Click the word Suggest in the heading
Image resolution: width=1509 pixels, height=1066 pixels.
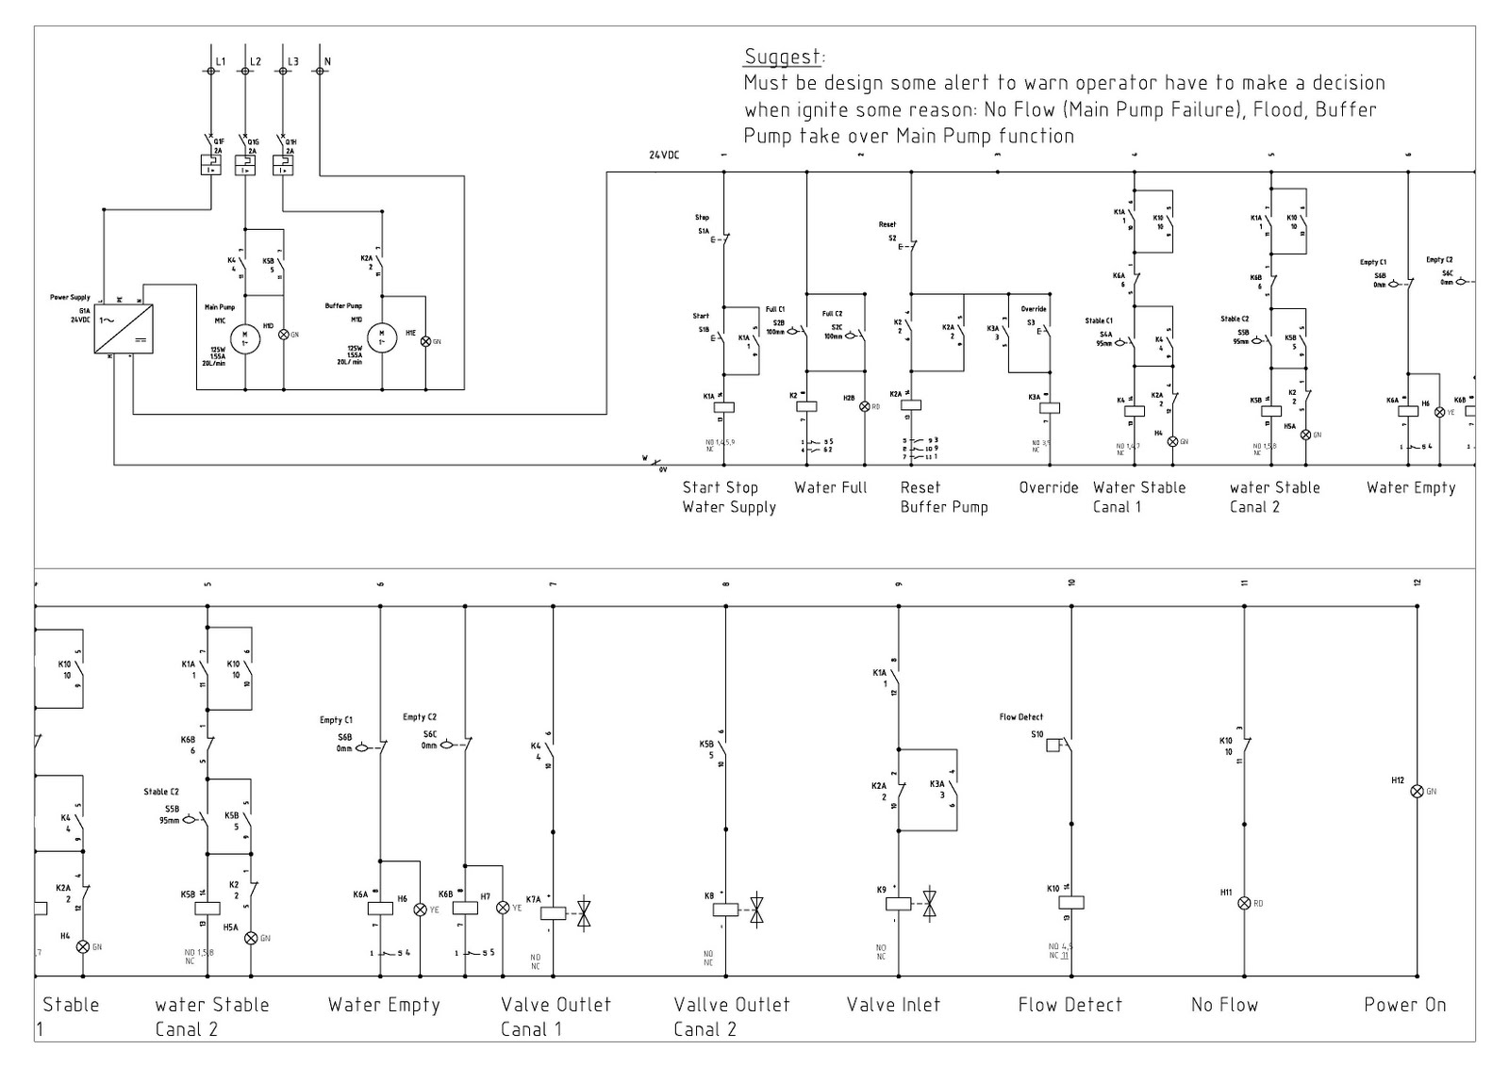tap(783, 56)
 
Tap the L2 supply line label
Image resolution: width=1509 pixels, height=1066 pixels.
tap(255, 62)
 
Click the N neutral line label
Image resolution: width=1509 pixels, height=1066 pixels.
tap(327, 62)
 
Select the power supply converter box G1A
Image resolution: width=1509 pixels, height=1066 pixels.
tap(124, 329)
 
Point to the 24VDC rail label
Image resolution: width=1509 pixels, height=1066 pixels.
tap(664, 156)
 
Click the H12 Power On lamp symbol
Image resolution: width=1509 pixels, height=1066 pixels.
tap(1417, 792)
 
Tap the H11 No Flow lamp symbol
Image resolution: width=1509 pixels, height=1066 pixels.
tap(1244, 903)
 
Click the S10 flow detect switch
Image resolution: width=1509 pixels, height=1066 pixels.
tap(1056, 745)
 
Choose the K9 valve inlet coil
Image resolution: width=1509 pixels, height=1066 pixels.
tap(898, 903)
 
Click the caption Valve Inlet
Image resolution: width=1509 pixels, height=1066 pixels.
tap(893, 1005)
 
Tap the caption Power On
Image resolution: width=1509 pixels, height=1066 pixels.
tap(1404, 1005)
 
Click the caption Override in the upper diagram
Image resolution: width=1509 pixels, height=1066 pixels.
tap(1048, 487)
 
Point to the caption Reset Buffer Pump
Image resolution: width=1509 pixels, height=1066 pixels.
tap(943, 497)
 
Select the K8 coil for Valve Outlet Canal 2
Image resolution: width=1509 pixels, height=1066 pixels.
tap(725, 910)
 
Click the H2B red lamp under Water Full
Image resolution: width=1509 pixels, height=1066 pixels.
tap(864, 406)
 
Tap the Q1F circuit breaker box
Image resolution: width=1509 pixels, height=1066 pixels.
tap(209, 165)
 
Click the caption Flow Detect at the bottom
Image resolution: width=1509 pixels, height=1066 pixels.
tap(1070, 1005)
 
